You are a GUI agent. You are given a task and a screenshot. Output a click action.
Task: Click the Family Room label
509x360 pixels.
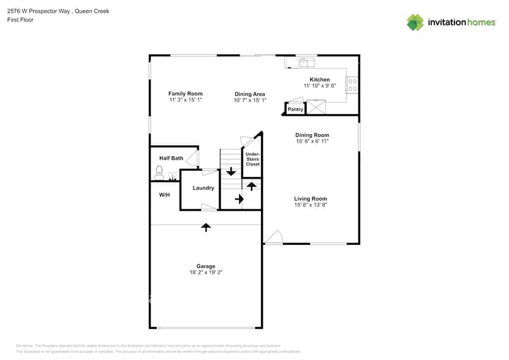coord(186,94)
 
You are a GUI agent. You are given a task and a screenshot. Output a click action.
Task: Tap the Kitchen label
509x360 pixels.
coord(320,80)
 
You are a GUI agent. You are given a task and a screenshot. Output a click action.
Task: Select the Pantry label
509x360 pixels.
coord(296,110)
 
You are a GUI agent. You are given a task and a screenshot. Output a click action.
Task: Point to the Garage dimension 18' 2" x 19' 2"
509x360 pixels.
coord(206,273)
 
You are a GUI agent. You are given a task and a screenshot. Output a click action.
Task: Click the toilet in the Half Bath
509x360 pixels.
coord(160,171)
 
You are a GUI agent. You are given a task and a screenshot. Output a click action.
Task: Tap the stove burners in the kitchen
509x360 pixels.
coord(353,85)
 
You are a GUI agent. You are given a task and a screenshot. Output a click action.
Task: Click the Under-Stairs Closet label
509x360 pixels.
coord(252,159)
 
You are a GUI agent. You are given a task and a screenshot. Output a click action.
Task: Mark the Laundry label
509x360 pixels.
coord(203,188)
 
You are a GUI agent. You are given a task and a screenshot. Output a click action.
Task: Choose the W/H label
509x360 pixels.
coord(164,195)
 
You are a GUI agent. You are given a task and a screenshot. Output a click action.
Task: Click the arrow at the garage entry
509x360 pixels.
coord(206,227)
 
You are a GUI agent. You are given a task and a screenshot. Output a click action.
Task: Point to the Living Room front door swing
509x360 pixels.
coord(274,238)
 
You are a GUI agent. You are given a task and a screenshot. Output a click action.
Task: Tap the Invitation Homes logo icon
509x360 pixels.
coord(415,23)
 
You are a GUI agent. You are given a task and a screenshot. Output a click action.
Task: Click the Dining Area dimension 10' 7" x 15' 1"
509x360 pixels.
coord(250,100)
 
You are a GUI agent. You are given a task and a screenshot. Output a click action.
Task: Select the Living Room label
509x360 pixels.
coord(311,198)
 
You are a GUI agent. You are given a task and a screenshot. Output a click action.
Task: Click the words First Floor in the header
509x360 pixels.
coord(20,20)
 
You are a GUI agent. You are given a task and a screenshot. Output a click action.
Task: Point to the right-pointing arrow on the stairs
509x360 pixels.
coord(239,199)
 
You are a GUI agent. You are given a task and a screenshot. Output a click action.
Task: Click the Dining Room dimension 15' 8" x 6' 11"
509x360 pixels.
coord(312,141)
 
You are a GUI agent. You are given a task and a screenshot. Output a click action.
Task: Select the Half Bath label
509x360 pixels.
coord(172,158)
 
